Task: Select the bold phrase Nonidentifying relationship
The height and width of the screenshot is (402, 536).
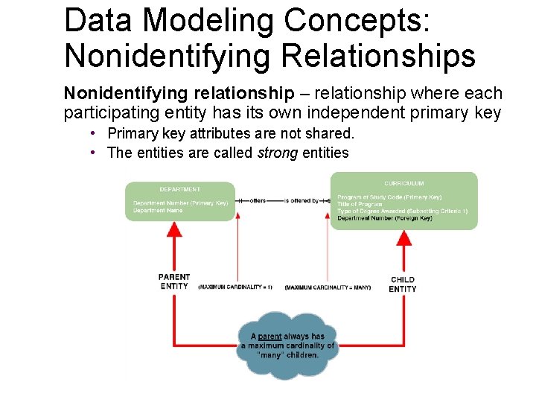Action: tap(179, 94)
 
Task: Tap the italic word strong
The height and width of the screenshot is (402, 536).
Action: tap(278, 153)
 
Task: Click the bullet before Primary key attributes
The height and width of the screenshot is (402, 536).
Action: tap(89, 133)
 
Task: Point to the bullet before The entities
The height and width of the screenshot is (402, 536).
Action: tap(89, 153)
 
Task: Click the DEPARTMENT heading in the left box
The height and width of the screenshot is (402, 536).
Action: tap(179, 189)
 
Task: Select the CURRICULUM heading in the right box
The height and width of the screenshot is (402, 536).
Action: tap(404, 183)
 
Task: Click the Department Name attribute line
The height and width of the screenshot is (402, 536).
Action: tap(158, 211)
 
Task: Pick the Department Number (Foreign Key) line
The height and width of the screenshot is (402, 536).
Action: tap(384, 218)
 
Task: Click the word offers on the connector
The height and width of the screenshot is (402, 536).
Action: tap(257, 200)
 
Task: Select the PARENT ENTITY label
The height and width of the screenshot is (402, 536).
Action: tap(174, 281)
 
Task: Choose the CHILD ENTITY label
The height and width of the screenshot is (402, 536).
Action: tap(403, 284)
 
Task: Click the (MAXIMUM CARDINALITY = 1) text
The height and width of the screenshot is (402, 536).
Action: tap(235, 287)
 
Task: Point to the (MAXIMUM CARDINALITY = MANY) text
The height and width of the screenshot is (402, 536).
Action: tap(328, 287)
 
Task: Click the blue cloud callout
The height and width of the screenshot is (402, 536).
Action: tap(287, 345)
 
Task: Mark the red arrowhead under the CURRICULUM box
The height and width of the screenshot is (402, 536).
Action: tap(404, 236)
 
